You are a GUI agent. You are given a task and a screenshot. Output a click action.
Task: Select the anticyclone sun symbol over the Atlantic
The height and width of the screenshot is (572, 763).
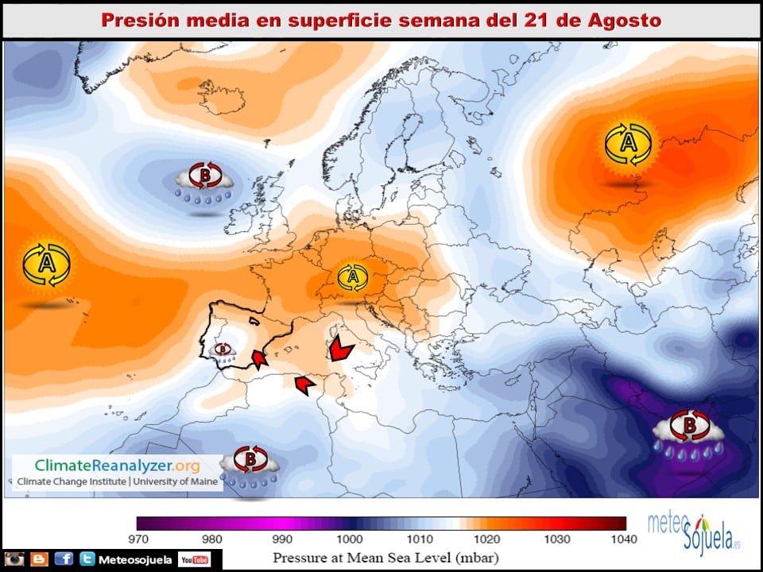47,265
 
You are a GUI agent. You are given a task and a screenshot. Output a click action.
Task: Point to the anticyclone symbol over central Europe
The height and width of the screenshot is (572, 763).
352,277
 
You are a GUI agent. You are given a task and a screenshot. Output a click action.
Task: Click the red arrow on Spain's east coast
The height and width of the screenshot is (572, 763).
258,360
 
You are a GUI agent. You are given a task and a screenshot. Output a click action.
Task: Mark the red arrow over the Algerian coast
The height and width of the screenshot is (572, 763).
304,385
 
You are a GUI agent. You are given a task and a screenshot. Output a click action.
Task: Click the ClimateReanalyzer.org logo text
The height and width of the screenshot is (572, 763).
117,466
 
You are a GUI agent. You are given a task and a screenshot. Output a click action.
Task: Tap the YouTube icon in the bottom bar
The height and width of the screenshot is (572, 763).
194,560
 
